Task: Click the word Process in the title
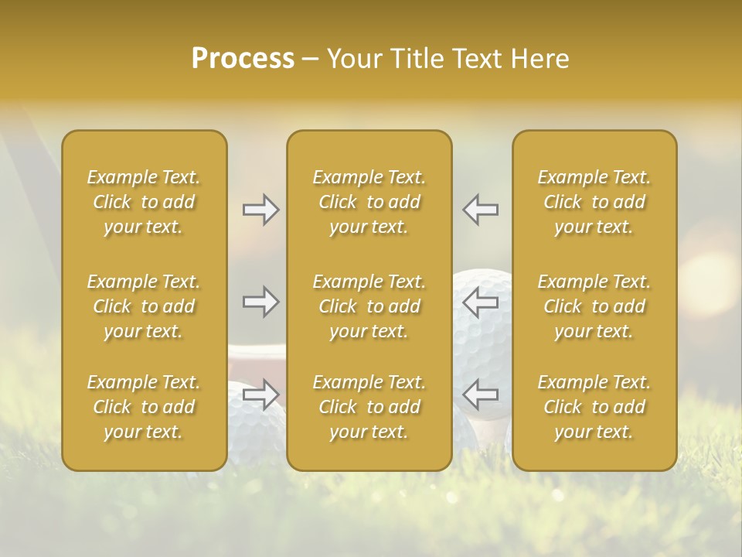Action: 243,59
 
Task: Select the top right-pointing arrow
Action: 260,210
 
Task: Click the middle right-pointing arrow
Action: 260,302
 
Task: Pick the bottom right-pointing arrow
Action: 260,395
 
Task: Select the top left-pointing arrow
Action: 481,210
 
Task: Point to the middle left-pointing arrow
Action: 481,302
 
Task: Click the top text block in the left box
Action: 144,202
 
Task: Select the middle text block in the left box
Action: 144,306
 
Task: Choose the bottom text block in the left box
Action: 144,407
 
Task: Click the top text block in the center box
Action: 369,202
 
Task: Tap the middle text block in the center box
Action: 369,306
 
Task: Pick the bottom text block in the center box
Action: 369,407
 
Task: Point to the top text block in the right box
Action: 594,202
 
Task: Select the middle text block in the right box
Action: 594,306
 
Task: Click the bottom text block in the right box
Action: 594,407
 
